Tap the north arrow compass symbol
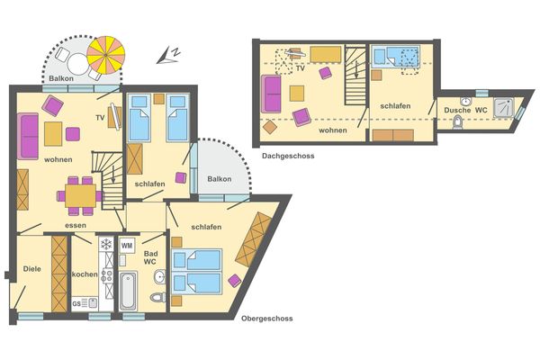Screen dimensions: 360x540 click(x=166, y=56)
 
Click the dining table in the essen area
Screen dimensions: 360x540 click(x=80, y=193)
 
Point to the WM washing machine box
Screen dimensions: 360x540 click(x=127, y=244)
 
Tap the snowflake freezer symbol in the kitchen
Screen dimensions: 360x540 click(x=105, y=245)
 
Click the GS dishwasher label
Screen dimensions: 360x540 click(x=76, y=303)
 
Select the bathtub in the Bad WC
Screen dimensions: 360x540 click(x=127, y=290)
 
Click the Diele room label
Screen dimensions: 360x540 click(x=32, y=269)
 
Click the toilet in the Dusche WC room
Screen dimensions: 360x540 click(x=458, y=122)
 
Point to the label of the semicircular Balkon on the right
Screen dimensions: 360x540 click(x=219, y=179)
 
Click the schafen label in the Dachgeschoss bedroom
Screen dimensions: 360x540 click(x=395, y=106)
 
